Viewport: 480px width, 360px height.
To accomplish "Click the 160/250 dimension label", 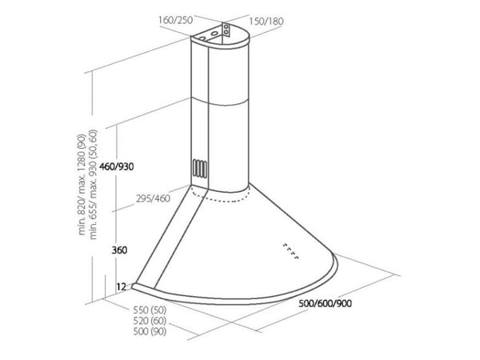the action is click(175, 20).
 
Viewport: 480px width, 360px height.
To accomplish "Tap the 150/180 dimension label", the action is click(266, 21).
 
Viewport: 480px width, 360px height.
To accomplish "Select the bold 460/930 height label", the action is click(116, 167).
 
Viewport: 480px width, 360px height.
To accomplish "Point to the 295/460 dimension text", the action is click(153, 198).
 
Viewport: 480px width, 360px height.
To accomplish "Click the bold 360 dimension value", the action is click(119, 250).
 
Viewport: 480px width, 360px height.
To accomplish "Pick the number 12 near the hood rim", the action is click(122, 287).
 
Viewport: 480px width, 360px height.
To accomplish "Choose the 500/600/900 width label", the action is click(325, 304).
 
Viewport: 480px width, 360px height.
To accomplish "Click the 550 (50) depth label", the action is click(150, 310).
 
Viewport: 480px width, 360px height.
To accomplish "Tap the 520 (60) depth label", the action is click(150, 321).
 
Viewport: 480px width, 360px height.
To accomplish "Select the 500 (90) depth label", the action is click(150, 331).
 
